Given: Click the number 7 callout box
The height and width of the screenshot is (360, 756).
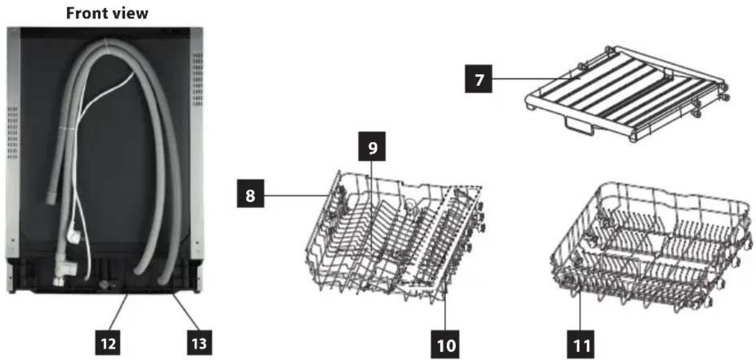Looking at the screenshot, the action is [478, 79].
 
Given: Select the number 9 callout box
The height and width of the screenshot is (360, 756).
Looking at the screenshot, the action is [372, 147].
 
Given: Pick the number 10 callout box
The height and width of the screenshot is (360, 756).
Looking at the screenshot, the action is [445, 344].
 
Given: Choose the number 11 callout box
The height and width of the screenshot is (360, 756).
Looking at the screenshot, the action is [580, 344].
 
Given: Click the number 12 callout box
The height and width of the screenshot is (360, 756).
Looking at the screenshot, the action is [107, 342].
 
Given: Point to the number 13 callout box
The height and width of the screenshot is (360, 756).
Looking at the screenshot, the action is [199, 342].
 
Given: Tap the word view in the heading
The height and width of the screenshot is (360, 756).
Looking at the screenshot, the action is [130, 13].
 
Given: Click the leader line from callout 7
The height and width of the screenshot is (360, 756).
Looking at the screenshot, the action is [536, 79].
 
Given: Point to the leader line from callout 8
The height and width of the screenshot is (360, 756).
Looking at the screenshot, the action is [296, 195].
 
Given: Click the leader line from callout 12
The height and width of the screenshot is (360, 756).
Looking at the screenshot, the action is [118, 312].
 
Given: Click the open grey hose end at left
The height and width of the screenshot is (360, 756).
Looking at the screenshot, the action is [52, 197].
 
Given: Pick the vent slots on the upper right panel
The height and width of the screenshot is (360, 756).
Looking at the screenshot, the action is [198, 80].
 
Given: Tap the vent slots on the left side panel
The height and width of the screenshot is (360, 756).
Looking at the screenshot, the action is [12, 132].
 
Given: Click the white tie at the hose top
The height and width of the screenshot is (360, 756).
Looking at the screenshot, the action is [106, 47].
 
